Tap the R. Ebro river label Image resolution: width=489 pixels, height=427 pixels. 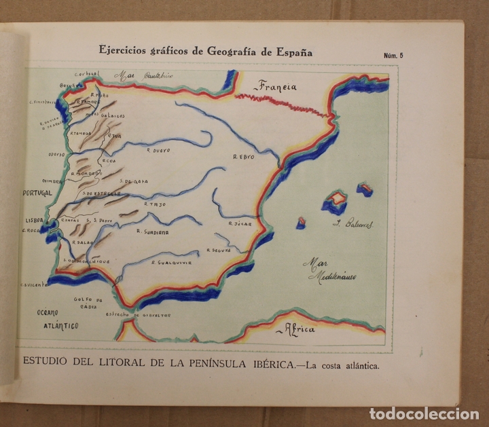coord(243,156)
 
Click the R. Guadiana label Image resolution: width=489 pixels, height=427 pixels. coord(152,231)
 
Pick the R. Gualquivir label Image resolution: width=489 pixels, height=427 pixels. coord(172,262)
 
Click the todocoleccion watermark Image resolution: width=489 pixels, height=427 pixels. coord(424,413)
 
